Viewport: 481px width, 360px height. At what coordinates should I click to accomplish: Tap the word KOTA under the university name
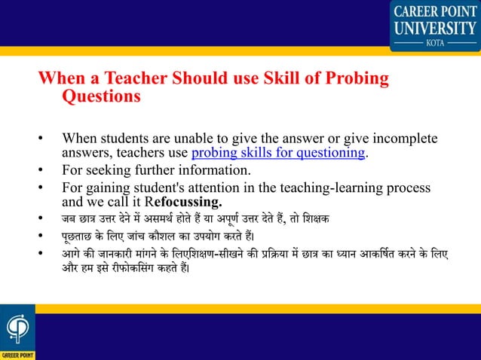coord(434,43)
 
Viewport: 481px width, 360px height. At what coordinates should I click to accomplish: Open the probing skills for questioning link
coord(279,154)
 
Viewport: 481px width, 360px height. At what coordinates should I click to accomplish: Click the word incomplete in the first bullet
coord(407,140)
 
